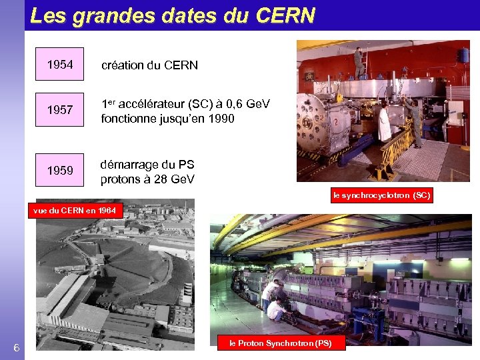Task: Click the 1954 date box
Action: pyautogui.click(x=60, y=65)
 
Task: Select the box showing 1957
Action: pyautogui.click(x=60, y=110)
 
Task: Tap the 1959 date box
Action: pyautogui.click(x=60, y=171)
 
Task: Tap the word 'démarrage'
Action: pyautogui.click(x=129, y=165)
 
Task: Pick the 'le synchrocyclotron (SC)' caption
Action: pyautogui.click(x=382, y=195)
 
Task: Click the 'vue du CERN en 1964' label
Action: pyautogui.click(x=75, y=211)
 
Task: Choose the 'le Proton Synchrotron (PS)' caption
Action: pyautogui.click(x=280, y=343)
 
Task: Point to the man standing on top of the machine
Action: pyautogui.click(x=359, y=62)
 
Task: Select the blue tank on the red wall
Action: pyautogui.click(x=462, y=55)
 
